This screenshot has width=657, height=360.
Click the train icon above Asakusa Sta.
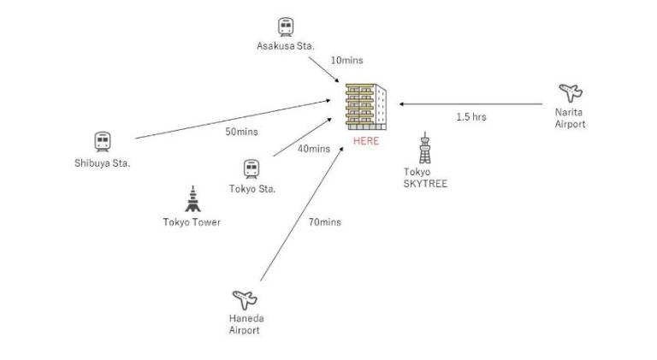(286, 27)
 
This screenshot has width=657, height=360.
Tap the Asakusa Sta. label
(286, 46)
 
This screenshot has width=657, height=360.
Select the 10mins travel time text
(347, 60)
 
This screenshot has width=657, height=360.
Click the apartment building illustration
(366, 107)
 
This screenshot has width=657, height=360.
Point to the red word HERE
(366, 141)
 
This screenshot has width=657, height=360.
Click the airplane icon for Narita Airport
(571, 92)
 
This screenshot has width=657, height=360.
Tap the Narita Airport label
(570, 118)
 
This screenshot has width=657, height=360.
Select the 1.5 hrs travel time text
(471, 117)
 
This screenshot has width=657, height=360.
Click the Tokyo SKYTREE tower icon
(425, 147)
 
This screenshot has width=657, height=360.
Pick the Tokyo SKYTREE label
(425, 178)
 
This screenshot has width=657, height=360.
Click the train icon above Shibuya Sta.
(103, 141)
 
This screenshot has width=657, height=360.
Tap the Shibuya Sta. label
(103, 163)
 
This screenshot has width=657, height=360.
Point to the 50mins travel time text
(242, 132)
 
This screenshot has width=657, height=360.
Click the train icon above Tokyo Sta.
(252, 169)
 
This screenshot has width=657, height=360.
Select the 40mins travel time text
(314, 149)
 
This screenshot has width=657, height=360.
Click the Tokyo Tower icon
(192, 199)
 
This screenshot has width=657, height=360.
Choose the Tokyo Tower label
(192, 222)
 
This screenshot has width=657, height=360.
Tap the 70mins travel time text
(325, 222)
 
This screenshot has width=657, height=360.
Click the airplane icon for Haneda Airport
(245, 300)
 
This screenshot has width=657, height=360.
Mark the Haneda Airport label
(246, 324)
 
